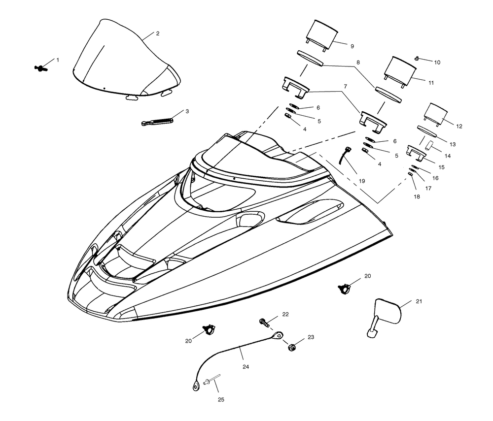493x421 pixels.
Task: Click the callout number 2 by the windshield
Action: coord(158,33)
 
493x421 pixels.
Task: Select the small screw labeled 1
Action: coord(40,67)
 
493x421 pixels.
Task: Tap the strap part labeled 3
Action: coord(157,121)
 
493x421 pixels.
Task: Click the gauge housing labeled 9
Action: coord(321,35)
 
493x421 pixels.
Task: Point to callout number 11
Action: coord(431,83)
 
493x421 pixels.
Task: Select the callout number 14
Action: coord(448,156)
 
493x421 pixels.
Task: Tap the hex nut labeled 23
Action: coord(291,347)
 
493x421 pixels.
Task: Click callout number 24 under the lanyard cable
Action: coord(246,367)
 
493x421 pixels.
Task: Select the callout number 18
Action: coord(417,197)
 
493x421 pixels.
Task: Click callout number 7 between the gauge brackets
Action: coord(346,86)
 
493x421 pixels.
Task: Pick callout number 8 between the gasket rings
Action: coord(358,63)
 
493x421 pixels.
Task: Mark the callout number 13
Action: coord(453,144)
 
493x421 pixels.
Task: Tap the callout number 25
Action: coord(221,400)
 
